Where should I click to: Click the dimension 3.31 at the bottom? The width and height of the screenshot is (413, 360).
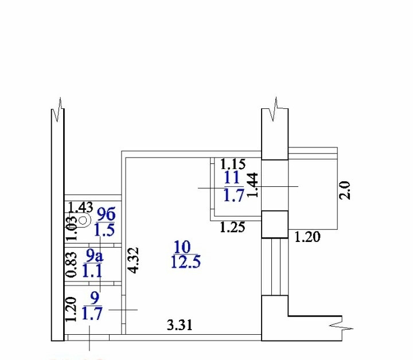[180, 324]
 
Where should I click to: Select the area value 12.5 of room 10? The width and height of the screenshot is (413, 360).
[186, 262]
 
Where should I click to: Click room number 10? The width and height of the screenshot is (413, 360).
[182, 247]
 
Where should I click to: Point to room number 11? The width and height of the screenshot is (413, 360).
[232, 177]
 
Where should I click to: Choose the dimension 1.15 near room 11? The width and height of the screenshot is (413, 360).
[232, 164]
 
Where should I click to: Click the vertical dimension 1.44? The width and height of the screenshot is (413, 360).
[253, 185]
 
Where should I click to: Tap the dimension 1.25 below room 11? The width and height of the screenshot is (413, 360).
[232, 227]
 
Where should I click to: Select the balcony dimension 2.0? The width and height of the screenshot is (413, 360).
[345, 190]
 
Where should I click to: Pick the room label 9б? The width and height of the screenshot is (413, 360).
[106, 214]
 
